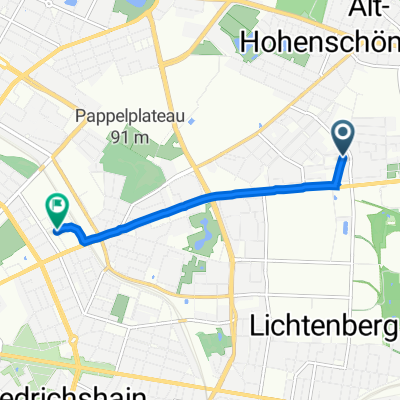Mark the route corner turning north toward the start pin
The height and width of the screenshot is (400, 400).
coord(337,185)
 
